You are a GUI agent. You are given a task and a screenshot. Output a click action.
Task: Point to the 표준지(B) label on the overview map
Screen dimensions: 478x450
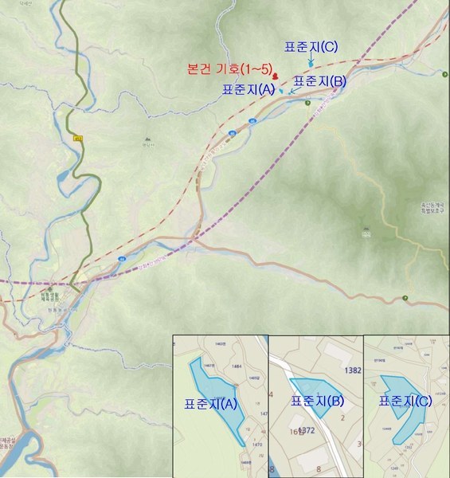pos(319,80)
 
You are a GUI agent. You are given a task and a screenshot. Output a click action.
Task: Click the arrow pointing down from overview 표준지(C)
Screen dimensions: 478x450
pos(311,61)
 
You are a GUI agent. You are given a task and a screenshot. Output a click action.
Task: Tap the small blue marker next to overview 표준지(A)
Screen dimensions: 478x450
pos(280,90)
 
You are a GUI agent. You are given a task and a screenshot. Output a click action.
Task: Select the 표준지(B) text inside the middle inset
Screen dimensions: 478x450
pos(317,401)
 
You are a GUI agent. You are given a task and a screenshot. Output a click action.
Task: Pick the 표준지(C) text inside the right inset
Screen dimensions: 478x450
pos(405,401)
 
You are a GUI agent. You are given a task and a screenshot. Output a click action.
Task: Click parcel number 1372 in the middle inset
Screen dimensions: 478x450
pos(307,431)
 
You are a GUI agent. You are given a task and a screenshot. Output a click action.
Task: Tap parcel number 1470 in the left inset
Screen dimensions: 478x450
pos(256,445)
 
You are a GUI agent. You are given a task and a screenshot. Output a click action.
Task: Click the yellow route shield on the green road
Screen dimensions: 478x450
pos(78,139)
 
